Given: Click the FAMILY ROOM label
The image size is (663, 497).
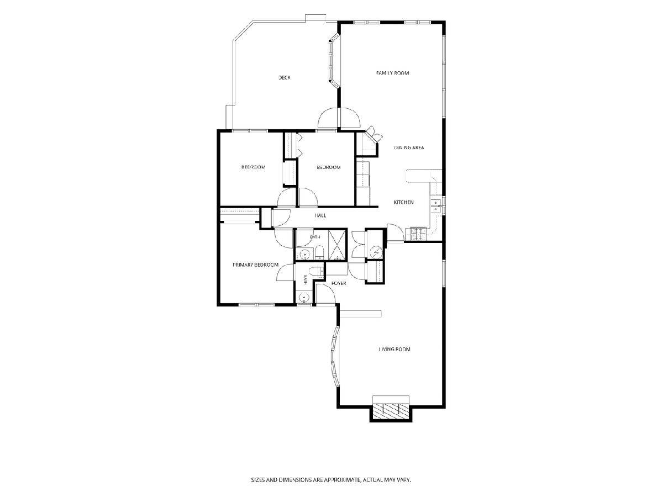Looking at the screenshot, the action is coord(392,73).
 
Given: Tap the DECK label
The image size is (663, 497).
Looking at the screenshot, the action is coord(284,78).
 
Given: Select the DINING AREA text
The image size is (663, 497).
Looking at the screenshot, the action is coord(409,147).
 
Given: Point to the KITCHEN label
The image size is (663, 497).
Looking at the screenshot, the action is coord(403,203).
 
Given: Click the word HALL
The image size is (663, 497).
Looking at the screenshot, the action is coord(320,215).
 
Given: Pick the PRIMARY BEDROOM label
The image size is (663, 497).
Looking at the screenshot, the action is coord(256,265).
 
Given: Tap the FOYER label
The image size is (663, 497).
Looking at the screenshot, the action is coord(339,283).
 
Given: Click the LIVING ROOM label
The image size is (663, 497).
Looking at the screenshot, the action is coord(394,349).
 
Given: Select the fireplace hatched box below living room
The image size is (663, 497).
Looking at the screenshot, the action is coord(391,411).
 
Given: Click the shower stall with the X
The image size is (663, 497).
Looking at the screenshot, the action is coord(337,245).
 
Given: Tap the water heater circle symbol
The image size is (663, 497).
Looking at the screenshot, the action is coord(376,252).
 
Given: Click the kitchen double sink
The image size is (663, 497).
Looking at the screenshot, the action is coord(436,205).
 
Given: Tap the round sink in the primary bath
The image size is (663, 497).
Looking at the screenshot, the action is coord(303,298).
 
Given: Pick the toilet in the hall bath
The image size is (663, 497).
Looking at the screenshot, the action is coord(319,252).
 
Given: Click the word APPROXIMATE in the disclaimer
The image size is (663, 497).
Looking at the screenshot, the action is coord(342,479).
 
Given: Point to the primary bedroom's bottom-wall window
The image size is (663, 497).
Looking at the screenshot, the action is coord(257,305).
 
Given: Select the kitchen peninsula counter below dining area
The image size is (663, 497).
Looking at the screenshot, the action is coord(423,176).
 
